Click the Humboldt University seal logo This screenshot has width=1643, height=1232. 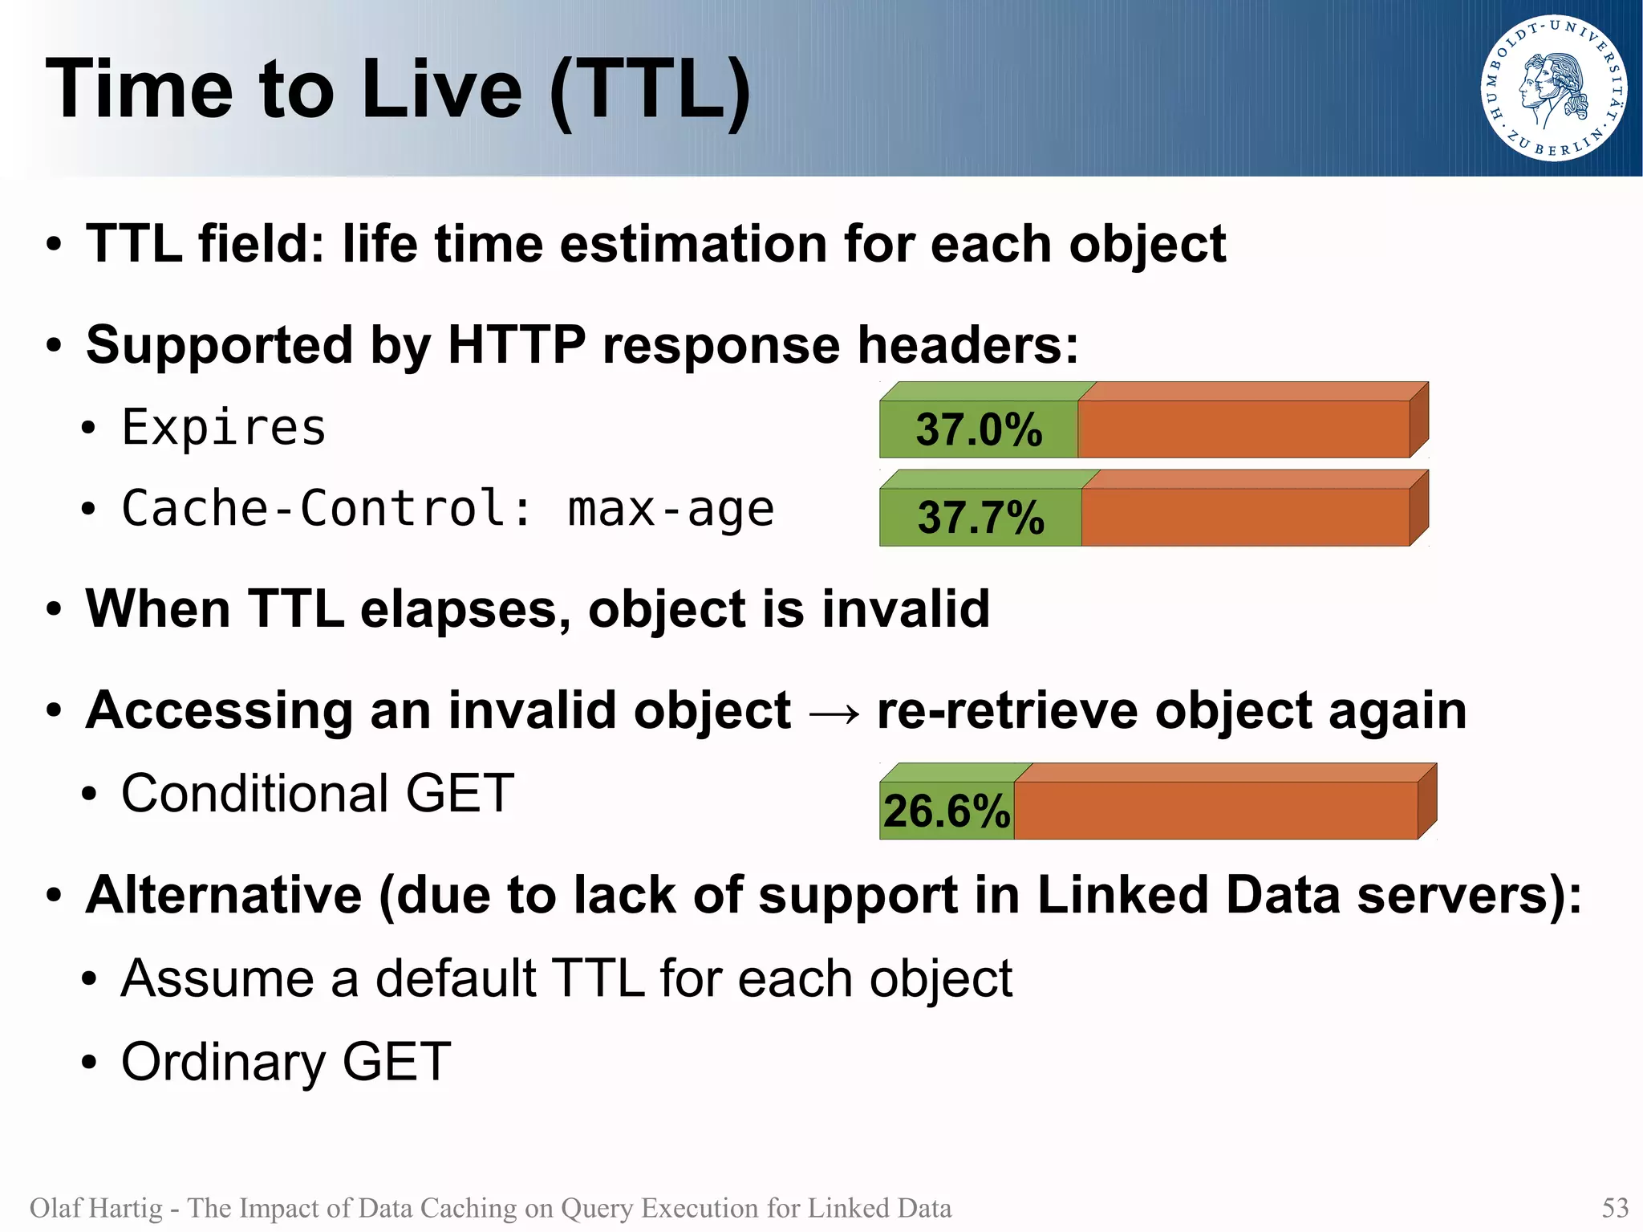pyautogui.click(x=1553, y=88)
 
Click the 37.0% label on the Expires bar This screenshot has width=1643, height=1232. pyautogui.click(x=979, y=429)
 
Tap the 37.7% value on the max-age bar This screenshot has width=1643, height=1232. pyautogui.click(x=980, y=518)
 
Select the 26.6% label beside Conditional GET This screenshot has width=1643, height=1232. pyautogui.click(x=947, y=811)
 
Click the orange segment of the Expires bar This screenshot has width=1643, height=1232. pyautogui.click(x=1243, y=429)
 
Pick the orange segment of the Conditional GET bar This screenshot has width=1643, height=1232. pyautogui.click(x=1215, y=811)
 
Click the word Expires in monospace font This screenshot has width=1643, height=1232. pyautogui.click(x=224, y=427)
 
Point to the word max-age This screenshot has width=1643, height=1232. pyautogui.click(x=671, y=510)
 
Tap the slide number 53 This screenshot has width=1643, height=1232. pyautogui.click(x=1615, y=1207)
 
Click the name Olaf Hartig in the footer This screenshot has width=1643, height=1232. pyautogui.click(x=96, y=1207)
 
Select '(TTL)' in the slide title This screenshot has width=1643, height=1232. pyautogui.click(x=650, y=90)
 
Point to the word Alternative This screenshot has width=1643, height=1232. pyautogui.click(x=224, y=895)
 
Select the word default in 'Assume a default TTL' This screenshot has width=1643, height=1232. pyautogui.click(x=456, y=978)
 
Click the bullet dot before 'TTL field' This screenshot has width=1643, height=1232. pyautogui.click(x=54, y=245)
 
